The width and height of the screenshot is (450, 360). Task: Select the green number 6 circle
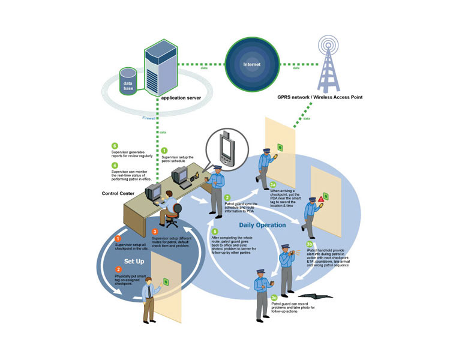(115, 146)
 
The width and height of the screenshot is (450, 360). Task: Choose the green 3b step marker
(309, 244)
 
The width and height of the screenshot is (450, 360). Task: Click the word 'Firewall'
(149, 118)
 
